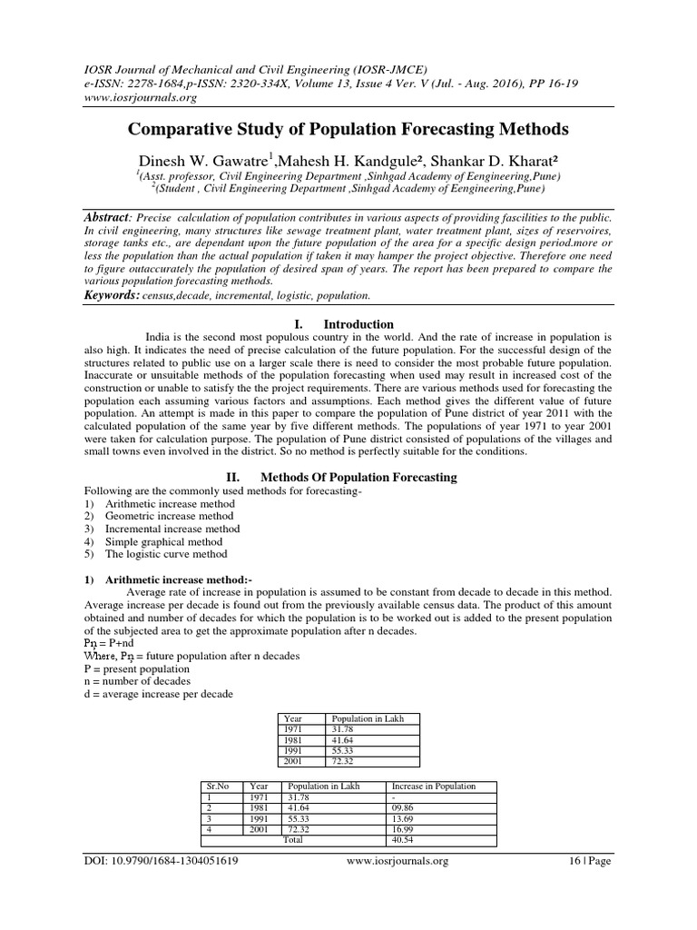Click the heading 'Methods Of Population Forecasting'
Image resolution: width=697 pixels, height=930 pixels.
[358, 477]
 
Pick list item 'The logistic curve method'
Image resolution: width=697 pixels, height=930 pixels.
[166, 554]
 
